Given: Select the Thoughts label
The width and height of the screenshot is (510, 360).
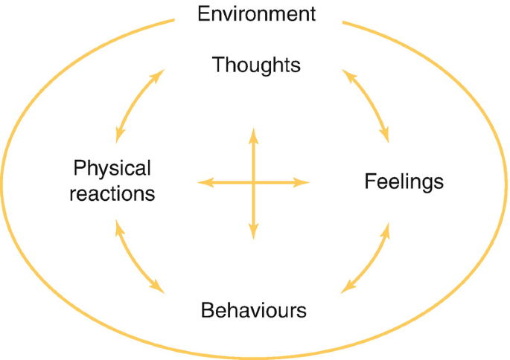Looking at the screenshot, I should click(256, 65).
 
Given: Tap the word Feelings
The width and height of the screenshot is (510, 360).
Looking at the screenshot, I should click(404, 181).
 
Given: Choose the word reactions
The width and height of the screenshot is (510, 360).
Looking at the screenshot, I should click(114, 193).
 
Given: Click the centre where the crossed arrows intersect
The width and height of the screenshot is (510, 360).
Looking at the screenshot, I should click(253, 182).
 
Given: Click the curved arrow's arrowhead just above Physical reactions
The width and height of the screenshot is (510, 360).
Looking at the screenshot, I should click(118, 137).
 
